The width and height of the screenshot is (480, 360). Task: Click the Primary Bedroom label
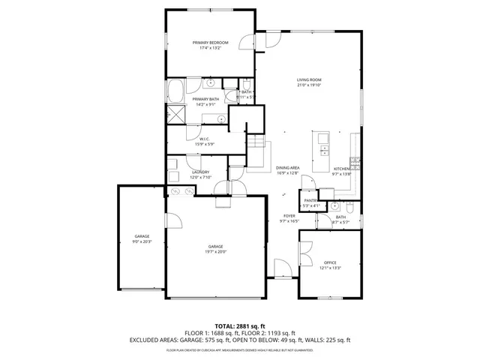pos(209,43)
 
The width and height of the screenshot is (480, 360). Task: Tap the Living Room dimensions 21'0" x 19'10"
pos(309,85)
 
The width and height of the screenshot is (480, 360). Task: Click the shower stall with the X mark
pos(176,115)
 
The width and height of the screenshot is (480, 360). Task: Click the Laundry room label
pos(200,172)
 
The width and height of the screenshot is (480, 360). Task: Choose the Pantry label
pos(310,200)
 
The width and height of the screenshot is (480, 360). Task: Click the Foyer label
pos(289,217)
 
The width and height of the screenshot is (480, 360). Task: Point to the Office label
pos(330,262)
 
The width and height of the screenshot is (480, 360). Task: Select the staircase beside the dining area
pos(257,154)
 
